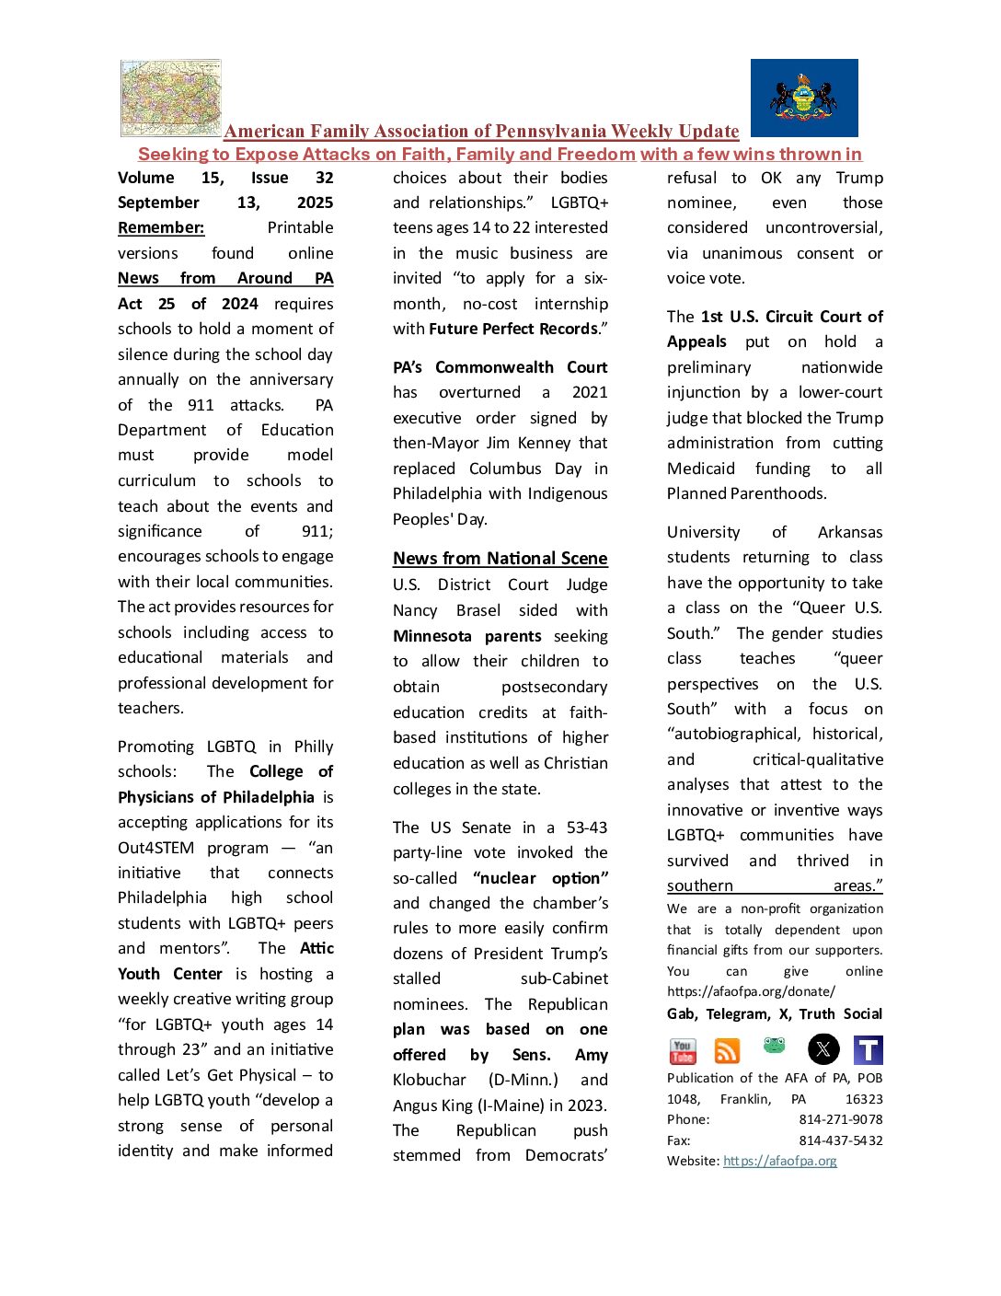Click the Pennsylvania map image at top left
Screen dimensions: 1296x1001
pyautogui.click(x=171, y=98)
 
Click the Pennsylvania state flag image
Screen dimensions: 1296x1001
pyautogui.click(x=804, y=98)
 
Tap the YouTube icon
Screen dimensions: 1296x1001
pyautogui.click(x=683, y=1050)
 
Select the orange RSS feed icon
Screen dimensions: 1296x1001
pyautogui.click(x=727, y=1050)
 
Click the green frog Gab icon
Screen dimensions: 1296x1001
pyautogui.click(x=775, y=1046)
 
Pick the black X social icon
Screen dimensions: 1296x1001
pyautogui.click(x=823, y=1049)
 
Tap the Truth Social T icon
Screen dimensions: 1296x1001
pyautogui.click(x=868, y=1049)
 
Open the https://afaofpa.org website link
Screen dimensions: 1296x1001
pyautogui.click(x=779, y=1161)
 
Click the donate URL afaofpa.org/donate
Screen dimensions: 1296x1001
pyautogui.click(x=751, y=991)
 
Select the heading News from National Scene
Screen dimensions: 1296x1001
pyautogui.click(x=500, y=558)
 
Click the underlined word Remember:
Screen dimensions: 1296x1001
pyautogui.click(x=161, y=227)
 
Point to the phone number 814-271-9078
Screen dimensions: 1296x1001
pyautogui.click(x=840, y=1119)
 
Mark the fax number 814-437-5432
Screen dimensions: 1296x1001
pyautogui.click(x=840, y=1140)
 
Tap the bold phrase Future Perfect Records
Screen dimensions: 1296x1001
pyautogui.click(x=513, y=329)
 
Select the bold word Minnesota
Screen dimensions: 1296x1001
pyautogui.click(x=431, y=636)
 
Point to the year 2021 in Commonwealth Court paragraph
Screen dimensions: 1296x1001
pyautogui.click(x=589, y=392)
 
